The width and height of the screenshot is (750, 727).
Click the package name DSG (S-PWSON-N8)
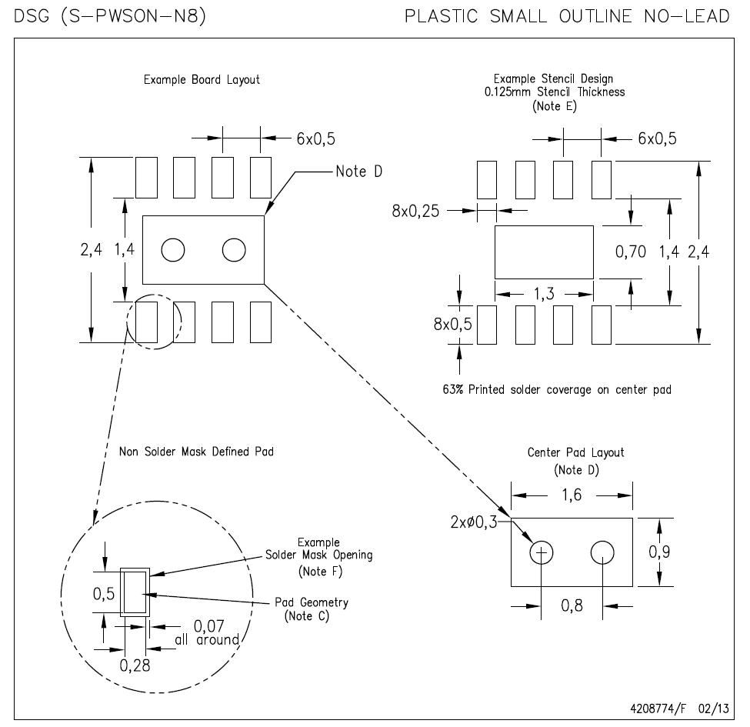(x=109, y=16)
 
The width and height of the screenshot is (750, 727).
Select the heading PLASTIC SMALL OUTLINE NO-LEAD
(x=568, y=16)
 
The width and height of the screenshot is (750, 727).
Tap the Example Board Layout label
(x=202, y=79)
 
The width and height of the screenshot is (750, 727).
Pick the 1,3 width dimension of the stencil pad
(x=544, y=293)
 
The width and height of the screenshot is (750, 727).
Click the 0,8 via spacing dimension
(x=572, y=606)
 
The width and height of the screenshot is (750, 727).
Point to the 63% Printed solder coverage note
(x=552, y=389)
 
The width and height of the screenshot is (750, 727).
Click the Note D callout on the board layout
(x=358, y=171)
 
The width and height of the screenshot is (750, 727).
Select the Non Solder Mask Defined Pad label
(x=196, y=452)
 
